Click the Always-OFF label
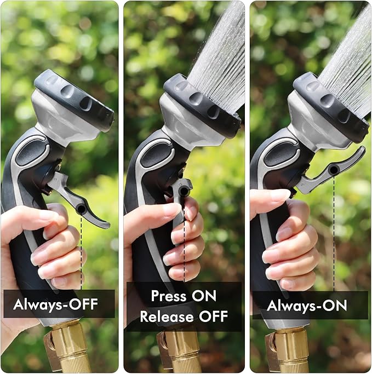pos(55,304)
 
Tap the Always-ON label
pos(307,305)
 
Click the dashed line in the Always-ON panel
pos(334,235)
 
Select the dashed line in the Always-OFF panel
pos(82,246)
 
